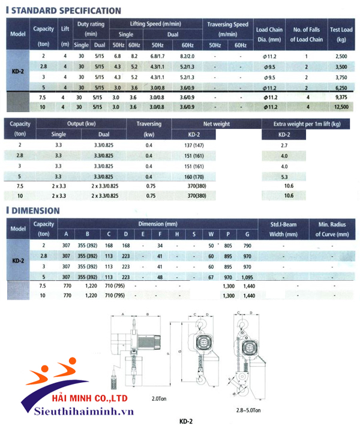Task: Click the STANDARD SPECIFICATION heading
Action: click(65, 10)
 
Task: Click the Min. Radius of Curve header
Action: click(328, 229)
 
